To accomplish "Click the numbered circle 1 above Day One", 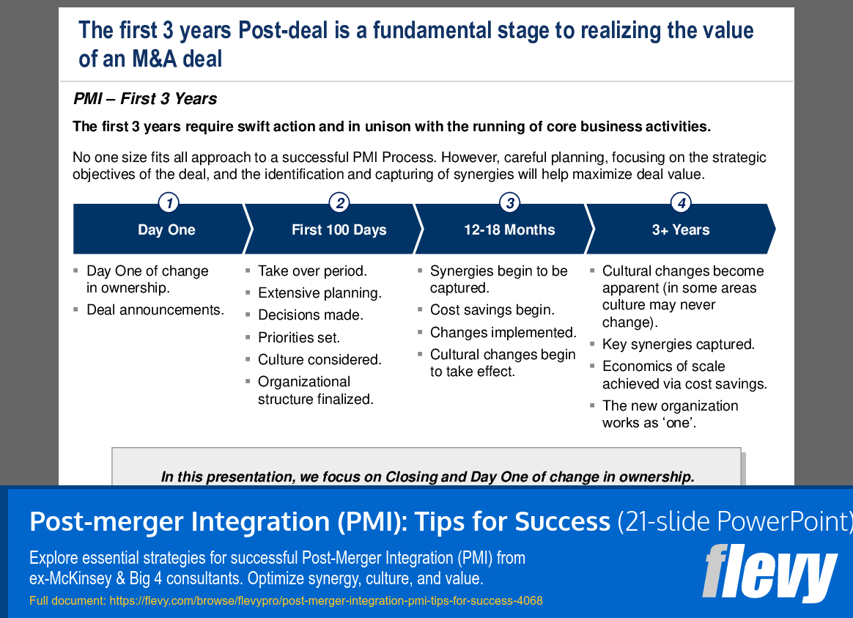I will point(169,203).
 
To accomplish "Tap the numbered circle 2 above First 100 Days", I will point(339,203).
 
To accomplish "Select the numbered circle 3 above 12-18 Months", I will point(509,203).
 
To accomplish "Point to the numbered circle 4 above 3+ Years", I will point(682,203).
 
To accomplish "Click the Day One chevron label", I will point(166,230).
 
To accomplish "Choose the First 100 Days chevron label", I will point(339,230).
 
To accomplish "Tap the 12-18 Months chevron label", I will point(509,230).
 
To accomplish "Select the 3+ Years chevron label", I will point(681,230).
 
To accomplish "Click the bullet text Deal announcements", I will point(155,310).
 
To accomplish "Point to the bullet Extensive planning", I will point(320,293).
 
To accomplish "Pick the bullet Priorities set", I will point(299,338).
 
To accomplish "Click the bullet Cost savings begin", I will point(492,310).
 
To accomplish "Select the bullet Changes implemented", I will point(503,333).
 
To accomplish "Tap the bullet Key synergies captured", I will point(679,345).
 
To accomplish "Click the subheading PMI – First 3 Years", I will point(145,99).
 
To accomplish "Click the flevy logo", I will point(769,573).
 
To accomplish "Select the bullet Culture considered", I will point(320,360).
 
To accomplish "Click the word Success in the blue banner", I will point(562,521).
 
